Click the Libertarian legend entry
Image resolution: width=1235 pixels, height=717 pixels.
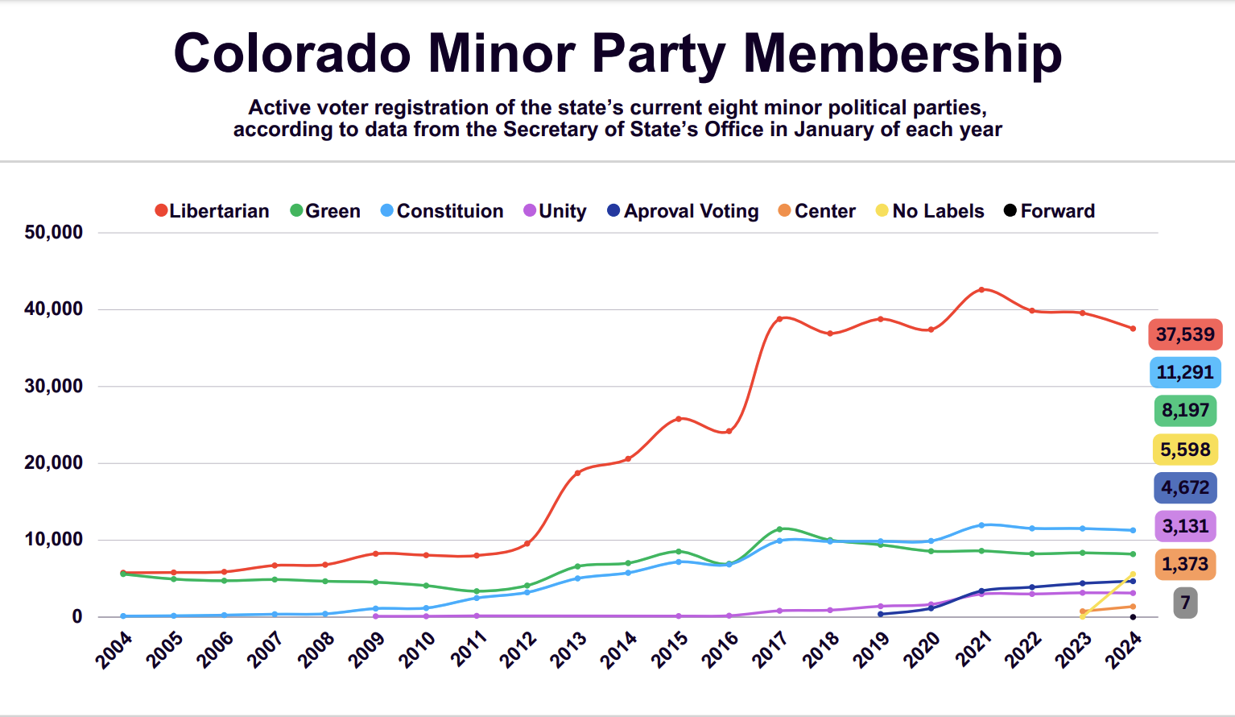point(212,211)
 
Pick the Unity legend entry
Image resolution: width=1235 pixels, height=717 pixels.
point(555,211)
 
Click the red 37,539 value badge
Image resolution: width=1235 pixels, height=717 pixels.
point(1185,334)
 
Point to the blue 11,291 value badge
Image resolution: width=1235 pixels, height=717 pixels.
point(1185,372)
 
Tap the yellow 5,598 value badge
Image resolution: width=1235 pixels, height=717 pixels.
point(1185,450)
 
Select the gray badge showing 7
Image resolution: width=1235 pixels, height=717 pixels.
point(1185,603)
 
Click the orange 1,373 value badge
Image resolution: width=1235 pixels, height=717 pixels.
point(1185,564)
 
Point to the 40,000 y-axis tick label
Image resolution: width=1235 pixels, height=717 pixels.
point(54,309)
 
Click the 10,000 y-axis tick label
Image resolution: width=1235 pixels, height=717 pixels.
point(54,539)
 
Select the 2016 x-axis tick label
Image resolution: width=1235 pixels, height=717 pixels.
point(720,649)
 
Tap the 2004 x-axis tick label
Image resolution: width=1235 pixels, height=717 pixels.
point(114,649)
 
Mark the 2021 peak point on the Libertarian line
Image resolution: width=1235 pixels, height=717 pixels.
point(981,289)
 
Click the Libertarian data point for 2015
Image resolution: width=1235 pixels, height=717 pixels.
point(679,419)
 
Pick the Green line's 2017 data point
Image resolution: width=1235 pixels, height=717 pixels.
point(779,529)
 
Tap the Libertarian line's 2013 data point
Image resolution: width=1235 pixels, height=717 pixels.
point(577,473)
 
